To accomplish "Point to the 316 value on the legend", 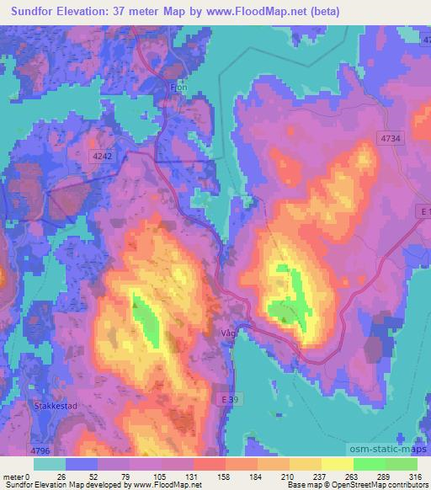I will pos(414,477).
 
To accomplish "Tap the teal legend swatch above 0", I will pos(49,464).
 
